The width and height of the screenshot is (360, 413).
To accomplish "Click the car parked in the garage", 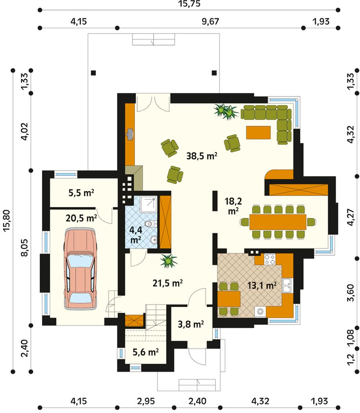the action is (81, 269).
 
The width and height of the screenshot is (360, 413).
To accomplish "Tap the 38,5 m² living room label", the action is (202, 156).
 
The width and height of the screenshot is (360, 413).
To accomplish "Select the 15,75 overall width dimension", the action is (189, 4).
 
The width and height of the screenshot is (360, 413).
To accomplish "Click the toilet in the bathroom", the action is (152, 224).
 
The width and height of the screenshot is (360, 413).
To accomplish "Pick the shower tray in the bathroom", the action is (148, 204).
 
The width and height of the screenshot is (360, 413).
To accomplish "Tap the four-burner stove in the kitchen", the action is (270, 259).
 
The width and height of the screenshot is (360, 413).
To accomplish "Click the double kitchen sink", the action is (287, 286).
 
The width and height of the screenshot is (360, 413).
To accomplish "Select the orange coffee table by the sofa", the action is (258, 132).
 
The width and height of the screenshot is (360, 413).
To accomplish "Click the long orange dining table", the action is (278, 222).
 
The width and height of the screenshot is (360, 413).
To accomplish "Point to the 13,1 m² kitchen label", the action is (262, 285).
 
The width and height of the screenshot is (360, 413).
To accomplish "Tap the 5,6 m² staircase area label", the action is (146, 352).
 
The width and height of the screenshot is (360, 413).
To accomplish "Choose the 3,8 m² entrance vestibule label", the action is (191, 324).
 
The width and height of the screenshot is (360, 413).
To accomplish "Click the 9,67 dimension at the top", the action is (210, 22).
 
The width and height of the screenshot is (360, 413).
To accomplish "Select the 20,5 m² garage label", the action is (81, 218).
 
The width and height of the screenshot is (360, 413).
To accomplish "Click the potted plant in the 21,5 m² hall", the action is (169, 261).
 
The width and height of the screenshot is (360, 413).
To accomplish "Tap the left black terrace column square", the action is (93, 73).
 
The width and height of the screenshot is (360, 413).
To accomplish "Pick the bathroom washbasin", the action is (153, 240).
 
